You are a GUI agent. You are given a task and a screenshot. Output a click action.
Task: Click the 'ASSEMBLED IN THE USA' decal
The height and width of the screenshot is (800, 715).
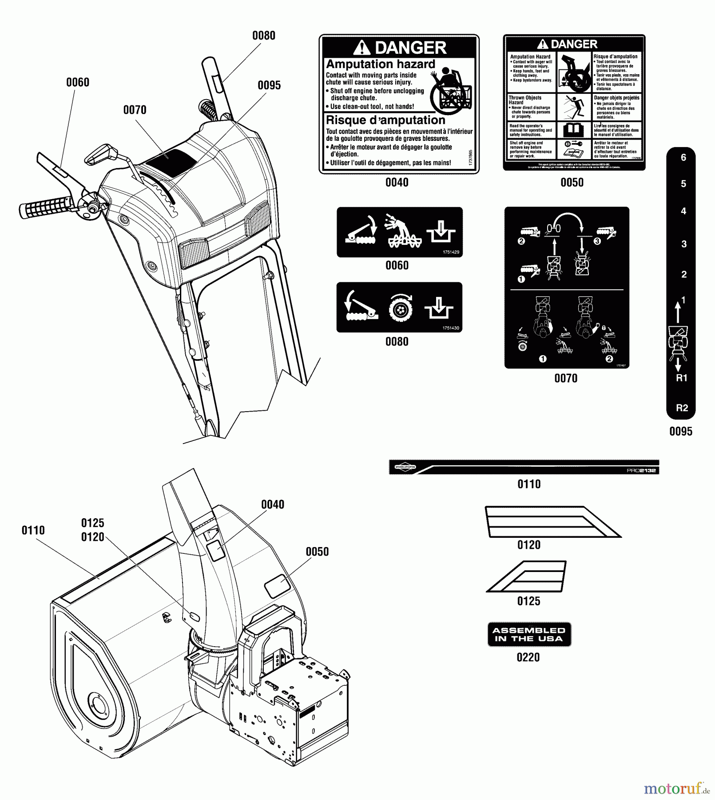tap(529, 634)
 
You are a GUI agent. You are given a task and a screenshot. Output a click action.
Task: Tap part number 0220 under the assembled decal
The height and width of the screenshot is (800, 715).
tap(528, 657)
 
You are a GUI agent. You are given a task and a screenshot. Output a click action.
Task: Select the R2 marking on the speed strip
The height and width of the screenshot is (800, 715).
tap(682, 408)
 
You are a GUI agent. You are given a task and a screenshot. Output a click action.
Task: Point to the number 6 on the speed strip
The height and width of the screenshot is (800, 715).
tap(683, 157)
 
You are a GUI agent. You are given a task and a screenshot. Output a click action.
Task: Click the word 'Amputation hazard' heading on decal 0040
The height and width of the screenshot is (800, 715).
tap(380, 64)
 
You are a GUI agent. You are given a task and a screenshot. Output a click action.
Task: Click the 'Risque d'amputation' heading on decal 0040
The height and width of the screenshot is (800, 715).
tap(385, 120)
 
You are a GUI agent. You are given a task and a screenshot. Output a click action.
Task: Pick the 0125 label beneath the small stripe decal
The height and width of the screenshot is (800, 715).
tap(528, 601)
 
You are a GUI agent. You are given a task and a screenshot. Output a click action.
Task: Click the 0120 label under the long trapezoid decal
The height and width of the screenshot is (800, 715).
tap(528, 545)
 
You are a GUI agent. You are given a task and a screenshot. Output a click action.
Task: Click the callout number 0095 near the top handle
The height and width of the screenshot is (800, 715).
tap(269, 85)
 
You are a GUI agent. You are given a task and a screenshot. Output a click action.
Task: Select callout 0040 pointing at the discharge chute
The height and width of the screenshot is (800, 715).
tap(272, 504)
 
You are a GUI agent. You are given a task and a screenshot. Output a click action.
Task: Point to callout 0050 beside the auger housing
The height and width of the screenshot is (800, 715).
tap(317, 552)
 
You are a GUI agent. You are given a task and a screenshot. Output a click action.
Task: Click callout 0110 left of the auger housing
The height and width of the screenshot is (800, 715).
tap(33, 530)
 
